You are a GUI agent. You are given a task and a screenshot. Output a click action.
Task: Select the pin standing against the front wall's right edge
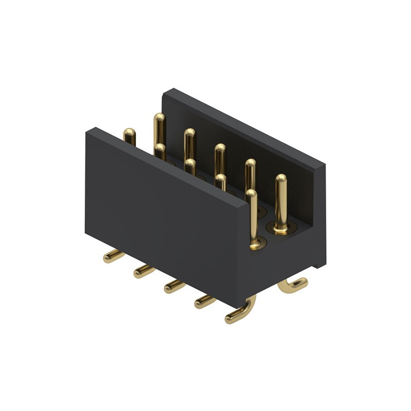pos(253,218)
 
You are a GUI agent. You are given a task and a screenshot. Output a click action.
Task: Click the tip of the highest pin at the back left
pos(159,119)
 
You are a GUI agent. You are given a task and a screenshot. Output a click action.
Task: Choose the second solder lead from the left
pos(143,271)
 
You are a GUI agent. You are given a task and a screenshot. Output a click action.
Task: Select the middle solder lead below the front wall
pos(174,286)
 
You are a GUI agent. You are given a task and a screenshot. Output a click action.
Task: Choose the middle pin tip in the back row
pos(220,150)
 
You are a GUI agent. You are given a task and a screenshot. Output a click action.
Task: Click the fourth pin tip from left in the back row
pos(250,165)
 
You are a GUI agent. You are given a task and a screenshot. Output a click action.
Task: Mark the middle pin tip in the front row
pos(191,164)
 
